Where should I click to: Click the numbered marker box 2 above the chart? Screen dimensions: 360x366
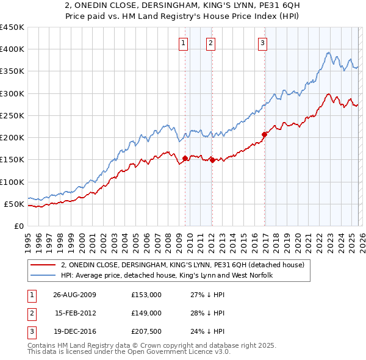tap(210, 43)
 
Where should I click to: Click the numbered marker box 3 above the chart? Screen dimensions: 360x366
tap(262, 43)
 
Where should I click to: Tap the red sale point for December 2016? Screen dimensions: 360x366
tap(265, 134)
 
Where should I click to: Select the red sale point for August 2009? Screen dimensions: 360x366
tap(185, 159)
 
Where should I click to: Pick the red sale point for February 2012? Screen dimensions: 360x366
tap(212, 160)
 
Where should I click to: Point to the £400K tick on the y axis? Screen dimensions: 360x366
tap(12, 49)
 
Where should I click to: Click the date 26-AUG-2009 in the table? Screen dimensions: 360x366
tap(74, 295)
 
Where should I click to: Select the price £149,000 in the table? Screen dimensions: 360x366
tap(146, 313)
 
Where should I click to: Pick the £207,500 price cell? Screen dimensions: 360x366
tap(146, 331)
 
